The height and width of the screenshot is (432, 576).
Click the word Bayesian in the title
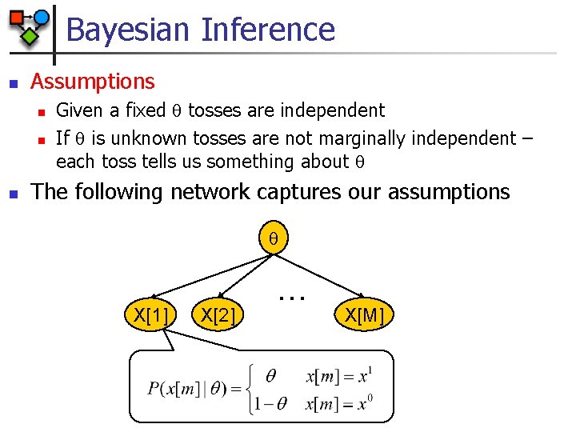[128, 30]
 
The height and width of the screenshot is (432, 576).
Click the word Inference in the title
[268, 30]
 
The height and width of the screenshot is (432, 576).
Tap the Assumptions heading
[93, 82]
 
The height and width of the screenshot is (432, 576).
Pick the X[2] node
[218, 316]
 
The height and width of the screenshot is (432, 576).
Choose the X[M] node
[365, 316]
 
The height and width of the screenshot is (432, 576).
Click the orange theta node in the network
[272, 238]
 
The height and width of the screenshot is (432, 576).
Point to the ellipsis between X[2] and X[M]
[293, 297]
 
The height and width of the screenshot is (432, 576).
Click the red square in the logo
[16, 18]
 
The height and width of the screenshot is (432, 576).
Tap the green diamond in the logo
[30, 36]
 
